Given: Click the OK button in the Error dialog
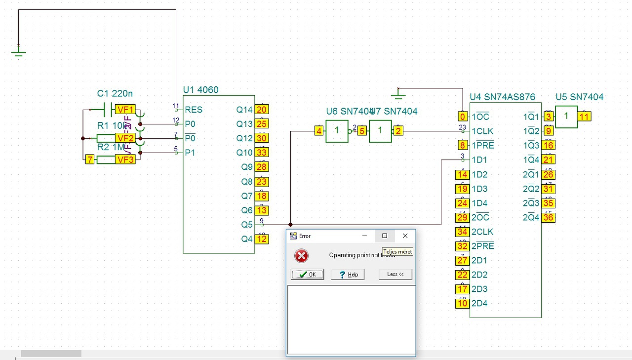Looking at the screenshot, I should (x=307, y=275).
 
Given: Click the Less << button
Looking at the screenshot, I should (x=395, y=274).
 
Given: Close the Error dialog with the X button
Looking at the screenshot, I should (x=405, y=236).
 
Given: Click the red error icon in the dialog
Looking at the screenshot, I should (x=301, y=255).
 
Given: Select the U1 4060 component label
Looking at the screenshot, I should (x=200, y=90).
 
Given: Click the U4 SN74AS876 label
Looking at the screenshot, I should (x=502, y=97).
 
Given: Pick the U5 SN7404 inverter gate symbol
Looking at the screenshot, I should (x=566, y=117).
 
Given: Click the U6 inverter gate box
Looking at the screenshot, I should (x=337, y=131).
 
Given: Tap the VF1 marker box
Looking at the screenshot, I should (x=125, y=110).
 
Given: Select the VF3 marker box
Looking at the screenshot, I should (x=125, y=160).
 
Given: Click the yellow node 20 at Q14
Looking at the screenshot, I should (x=262, y=110).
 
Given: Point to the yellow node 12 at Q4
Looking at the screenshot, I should (x=262, y=239).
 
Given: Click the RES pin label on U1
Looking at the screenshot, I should (x=194, y=110).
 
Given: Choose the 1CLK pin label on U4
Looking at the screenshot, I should (x=482, y=131).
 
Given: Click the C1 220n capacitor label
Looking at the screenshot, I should (x=115, y=94).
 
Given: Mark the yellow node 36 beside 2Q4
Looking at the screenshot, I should (x=548, y=217).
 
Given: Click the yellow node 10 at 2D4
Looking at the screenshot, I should (x=462, y=303).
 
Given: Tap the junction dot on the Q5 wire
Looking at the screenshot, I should (x=290, y=225).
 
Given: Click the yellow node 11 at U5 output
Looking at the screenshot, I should (x=584, y=117).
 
